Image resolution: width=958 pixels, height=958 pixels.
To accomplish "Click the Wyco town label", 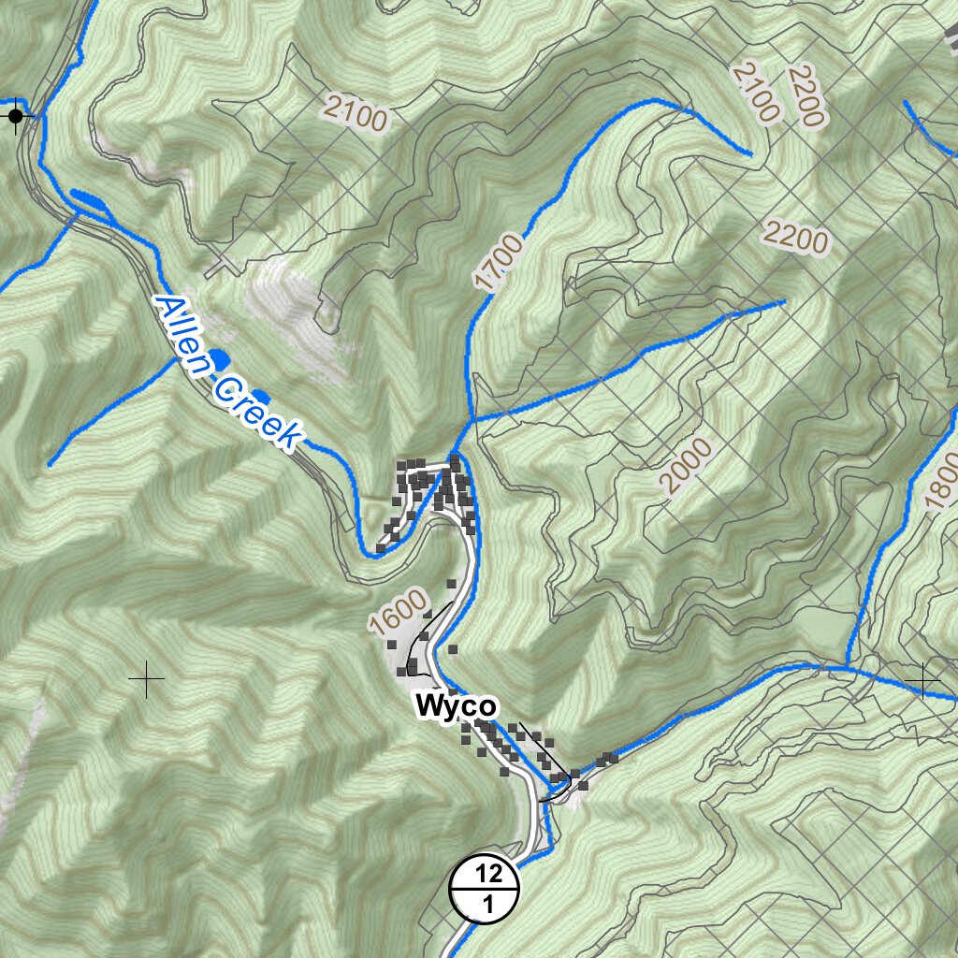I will point(456,705).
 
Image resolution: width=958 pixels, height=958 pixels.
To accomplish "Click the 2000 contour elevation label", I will point(686,466).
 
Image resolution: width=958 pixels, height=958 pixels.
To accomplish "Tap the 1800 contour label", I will point(941,482).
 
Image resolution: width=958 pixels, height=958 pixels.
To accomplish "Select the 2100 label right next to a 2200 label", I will point(756,91).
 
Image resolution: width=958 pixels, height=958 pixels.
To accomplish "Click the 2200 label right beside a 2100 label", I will point(806,95).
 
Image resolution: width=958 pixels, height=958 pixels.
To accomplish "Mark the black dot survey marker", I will point(16,116).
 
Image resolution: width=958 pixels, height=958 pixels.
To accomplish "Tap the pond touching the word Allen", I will point(219,358).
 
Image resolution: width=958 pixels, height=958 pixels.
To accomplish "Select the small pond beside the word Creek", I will point(262,399).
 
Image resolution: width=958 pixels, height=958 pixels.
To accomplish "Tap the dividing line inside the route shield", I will point(485,889).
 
